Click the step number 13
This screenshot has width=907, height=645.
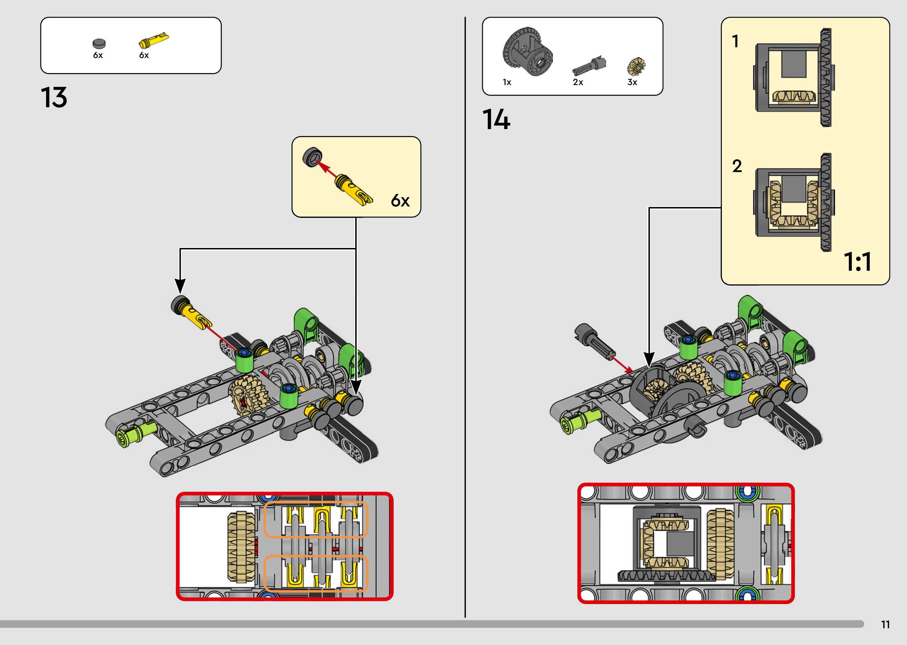pos(54,98)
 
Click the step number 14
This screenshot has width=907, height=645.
pos(496,120)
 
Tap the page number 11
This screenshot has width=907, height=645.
pos(885,625)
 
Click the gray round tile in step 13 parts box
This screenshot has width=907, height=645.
pos(99,43)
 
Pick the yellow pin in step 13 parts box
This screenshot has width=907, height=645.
pos(154,40)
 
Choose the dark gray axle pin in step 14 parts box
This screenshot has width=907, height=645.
pos(589,65)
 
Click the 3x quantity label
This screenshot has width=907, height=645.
pos(632,82)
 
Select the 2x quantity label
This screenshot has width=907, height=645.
pos(578,82)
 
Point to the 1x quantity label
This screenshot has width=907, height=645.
pos(507,82)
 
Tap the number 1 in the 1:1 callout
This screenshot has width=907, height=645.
pos(735,41)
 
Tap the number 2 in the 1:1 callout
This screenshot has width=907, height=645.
pos(737,166)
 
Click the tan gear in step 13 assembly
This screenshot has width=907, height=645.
pos(248,395)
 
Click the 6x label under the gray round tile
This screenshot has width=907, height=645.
pos(98,55)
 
